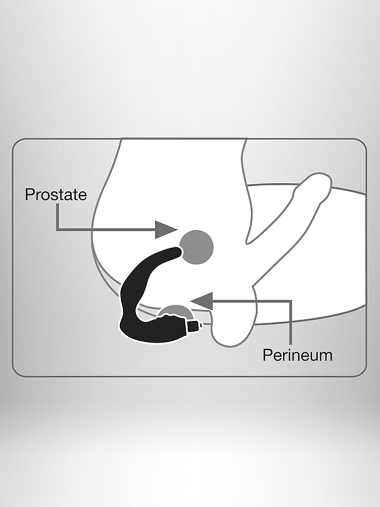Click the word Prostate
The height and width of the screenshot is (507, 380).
[x=56, y=194]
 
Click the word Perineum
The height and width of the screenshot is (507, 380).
[x=297, y=355]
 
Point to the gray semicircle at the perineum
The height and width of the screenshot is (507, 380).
[x=176, y=310]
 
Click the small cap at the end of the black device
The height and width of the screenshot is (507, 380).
[x=197, y=326]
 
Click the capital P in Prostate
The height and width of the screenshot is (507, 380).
[x=30, y=194]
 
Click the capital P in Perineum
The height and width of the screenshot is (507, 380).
[x=267, y=355]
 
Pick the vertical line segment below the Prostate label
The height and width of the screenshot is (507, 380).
[x=57, y=217]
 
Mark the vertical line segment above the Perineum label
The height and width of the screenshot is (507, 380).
[x=290, y=323]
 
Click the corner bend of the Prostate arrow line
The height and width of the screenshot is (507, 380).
[x=57, y=230]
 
